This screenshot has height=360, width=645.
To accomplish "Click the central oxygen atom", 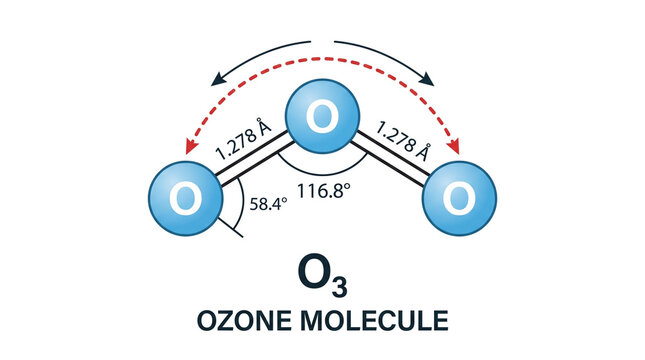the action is point(322,116).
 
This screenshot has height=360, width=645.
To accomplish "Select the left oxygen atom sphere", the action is point(186,198).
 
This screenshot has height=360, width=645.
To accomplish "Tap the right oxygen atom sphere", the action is point(459,198).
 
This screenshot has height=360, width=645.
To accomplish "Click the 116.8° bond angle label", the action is point(324,190).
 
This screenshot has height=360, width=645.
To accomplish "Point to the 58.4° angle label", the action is point(268,204).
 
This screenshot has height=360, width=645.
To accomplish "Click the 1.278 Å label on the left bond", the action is point(244,139).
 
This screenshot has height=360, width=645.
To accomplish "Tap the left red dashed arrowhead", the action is point(190,147).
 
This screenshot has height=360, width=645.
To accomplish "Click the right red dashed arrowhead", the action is point(454,146).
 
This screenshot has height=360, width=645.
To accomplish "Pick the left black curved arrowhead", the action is point(218,79).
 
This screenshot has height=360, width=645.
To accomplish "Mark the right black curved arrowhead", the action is point(427,79).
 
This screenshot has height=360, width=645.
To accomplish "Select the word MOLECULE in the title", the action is point(374,321).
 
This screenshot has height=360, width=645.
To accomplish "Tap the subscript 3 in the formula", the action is point(339,287).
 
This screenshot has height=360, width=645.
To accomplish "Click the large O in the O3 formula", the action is point(314,271).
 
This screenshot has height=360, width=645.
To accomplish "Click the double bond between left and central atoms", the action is point(255,158).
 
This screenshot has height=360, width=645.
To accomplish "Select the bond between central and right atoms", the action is point(390,158).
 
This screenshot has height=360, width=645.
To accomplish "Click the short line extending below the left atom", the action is point(230,228).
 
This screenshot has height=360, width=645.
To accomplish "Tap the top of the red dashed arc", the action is point(322,59).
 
